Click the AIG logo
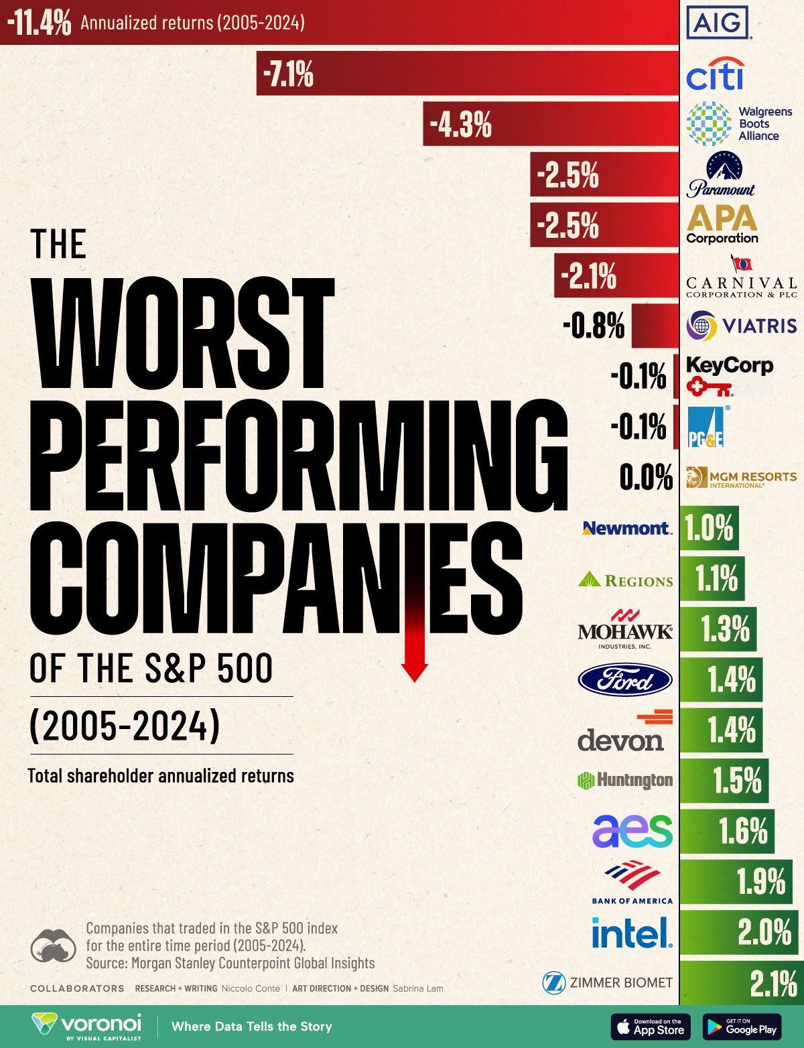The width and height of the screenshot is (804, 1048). click(x=718, y=23)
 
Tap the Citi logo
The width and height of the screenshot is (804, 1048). click(x=715, y=74)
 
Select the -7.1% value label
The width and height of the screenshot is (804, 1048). click(x=288, y=74)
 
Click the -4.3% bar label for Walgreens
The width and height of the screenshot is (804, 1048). click(x=461, y=125)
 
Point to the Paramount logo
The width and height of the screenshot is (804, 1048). click(x=721, y=174)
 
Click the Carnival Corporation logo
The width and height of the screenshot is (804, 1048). click(x=741, y=277)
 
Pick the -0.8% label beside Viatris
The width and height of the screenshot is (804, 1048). click(x=594, y=326)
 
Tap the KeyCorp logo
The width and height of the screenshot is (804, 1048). click(x=728, y=375)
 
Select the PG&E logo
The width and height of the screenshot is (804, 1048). click(x=706, y=427)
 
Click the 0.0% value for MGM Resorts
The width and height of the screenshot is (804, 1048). click(x=646, y=477)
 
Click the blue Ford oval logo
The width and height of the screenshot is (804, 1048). click(x=625, y=680)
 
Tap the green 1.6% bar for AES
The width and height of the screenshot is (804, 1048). click(x=727, y=831)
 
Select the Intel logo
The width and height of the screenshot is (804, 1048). click(x=632, y=933)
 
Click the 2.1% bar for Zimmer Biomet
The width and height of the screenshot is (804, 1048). click(x=742, y=983)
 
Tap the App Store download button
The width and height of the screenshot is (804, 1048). click(x=651, y=1027)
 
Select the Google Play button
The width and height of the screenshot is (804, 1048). click(x=742, y=1027)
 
